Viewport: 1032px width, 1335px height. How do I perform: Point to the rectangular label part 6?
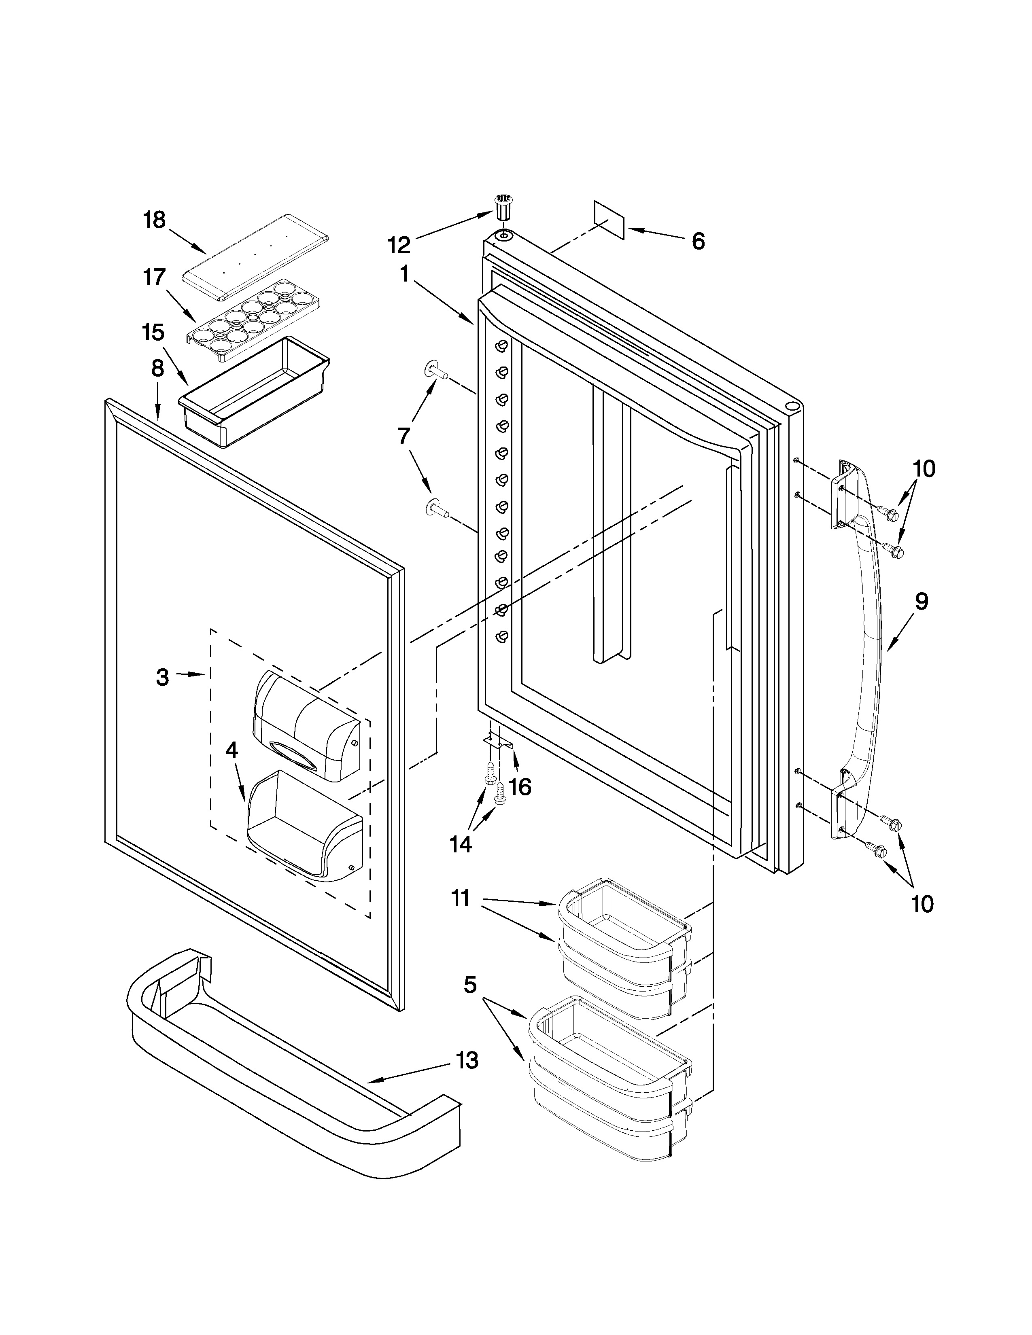point(609,219)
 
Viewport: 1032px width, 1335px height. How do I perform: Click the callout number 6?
point(698,242)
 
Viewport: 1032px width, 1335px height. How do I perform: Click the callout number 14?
point(461,844)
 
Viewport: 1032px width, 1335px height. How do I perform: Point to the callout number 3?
point(162,677)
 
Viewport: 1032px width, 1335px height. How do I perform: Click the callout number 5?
point(469,985)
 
